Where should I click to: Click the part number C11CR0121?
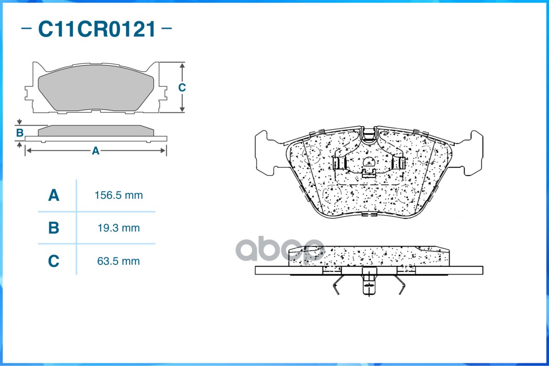point(97,29)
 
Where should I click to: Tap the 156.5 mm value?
point(119,195)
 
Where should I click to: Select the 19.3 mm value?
point(119,228)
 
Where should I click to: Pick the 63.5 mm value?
point(118,261)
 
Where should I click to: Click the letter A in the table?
point(54,195)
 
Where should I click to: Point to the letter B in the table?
point(54,228)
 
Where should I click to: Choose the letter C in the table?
point(54,261)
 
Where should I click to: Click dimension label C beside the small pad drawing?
point(182,87)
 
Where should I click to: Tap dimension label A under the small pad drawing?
point(96,151)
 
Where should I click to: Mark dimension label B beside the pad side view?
point(20,133)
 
